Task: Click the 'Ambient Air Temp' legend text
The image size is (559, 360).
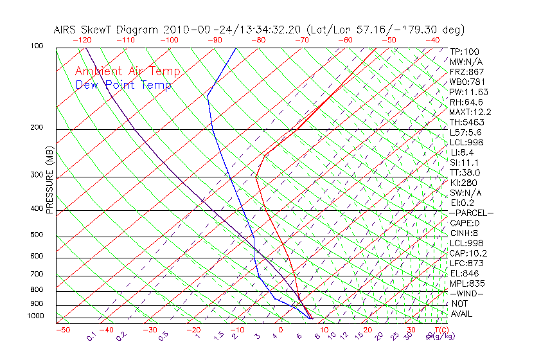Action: [x=127, y=71]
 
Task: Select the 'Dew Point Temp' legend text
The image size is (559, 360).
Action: [x=123, y=85]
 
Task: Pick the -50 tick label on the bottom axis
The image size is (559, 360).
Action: [x=62, y=330]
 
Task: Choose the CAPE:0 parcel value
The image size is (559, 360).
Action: [x=465, y=223]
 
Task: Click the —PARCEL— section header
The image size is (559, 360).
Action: [x=471, y=213]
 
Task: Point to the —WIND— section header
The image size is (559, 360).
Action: [x=466, y=293]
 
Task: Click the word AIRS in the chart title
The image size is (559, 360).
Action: [x=66, y=30]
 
